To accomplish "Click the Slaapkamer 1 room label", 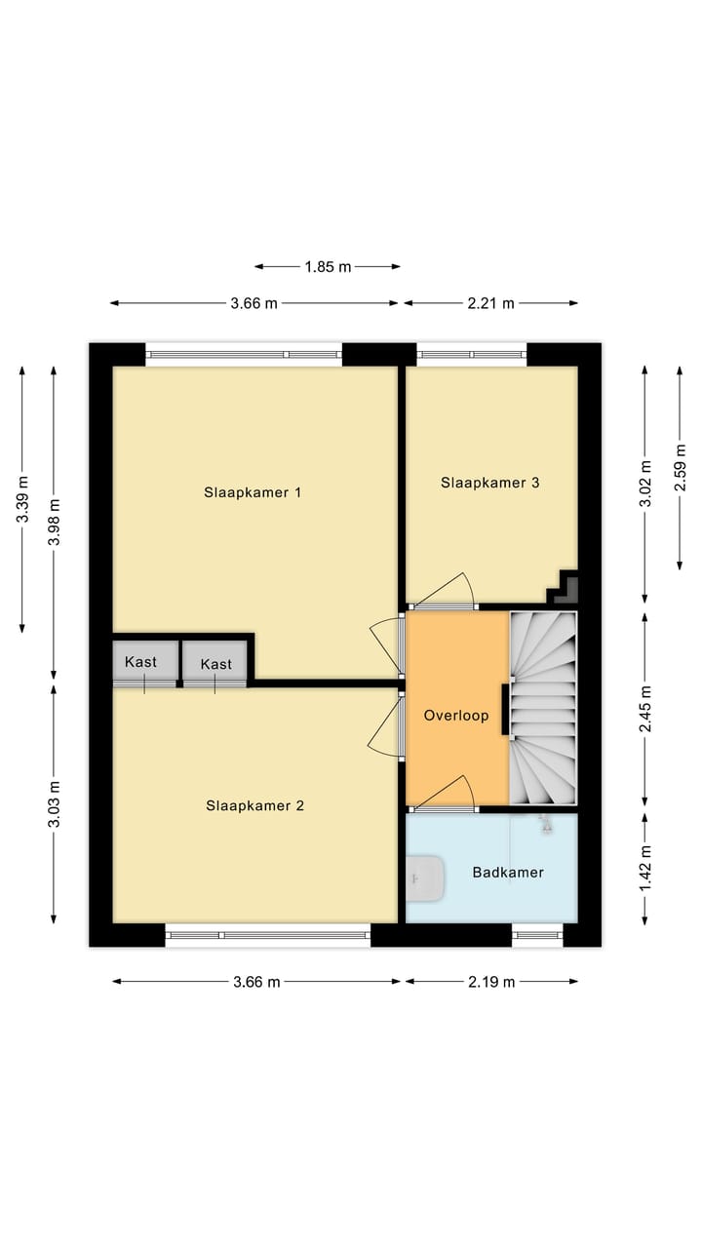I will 253,492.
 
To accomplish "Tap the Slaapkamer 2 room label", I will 254,805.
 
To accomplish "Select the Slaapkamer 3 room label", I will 490,483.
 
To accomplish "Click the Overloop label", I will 455,716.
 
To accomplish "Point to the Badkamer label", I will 508,872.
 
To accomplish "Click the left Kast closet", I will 141,662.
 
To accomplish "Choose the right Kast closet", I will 216,664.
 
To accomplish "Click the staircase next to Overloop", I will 543,707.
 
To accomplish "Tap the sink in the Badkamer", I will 425,877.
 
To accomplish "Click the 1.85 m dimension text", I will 329,266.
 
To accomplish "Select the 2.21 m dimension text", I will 490,303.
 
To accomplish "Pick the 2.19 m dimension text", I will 491,982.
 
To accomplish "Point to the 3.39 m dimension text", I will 22,499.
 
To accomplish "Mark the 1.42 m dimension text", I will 644,868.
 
